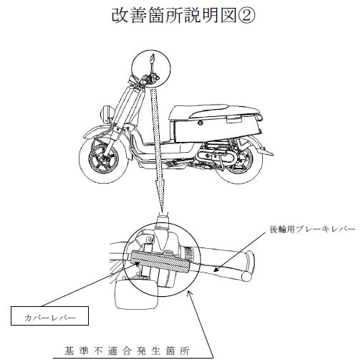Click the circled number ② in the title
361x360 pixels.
pyautogui.click(x=246, y=15)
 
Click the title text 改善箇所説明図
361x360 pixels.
pyautogui.click(x=174, y=15)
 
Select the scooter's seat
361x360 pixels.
pyautogui.click(x=215, y=112)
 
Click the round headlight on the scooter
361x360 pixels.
pyautogui.click(x=105, y=114)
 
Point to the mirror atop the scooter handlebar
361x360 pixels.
pyautogui.click(x=152, y=58)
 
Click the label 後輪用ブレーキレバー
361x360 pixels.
pyautogui.click(x=312, y=229)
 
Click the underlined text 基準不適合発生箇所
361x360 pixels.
pyautogui.click(x=127, y=351)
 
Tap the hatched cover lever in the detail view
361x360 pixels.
pyautogui.click(x=160, y=262)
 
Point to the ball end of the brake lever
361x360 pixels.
pyautogui.click(x=246, y=277)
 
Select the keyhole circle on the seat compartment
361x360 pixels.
pyautogui.click(x=200, y=123)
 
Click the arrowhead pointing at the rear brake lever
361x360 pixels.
pyautogui.click(x=216, y=270)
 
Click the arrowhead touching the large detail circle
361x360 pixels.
pyautogui.click(x=190, y=293)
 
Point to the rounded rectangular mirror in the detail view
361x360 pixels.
pyautogui.click(x=137, y=296)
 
